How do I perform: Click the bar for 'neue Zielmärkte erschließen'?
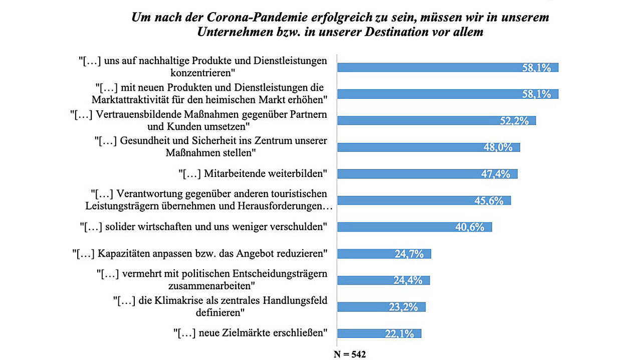coord(379,333)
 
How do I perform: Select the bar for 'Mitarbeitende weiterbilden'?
coord(427,173)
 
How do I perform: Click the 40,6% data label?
coord(470,227)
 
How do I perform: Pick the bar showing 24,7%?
coord(384,254)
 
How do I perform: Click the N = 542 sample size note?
coord(350,354)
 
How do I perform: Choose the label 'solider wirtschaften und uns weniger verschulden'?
coord(204,227)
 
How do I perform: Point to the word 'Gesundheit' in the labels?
coord(144,140)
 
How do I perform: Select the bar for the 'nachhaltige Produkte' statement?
coord(448,68)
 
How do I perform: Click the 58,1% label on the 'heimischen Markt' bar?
coord(536,94)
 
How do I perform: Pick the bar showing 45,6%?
coord(424,200)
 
